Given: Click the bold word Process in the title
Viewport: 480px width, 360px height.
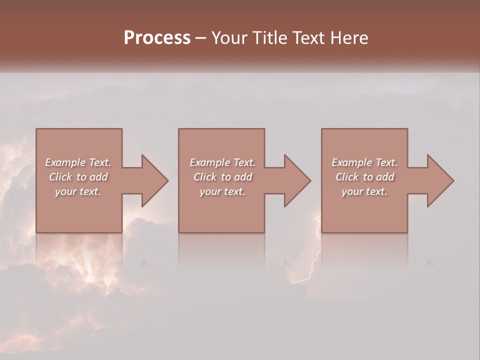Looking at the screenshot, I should [x=157, y=38].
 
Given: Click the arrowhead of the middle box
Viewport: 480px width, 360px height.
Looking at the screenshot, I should [x=296, y=181].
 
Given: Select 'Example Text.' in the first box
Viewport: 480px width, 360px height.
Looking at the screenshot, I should [x=78, y=162].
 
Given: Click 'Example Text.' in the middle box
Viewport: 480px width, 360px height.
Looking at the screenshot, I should [x=222, y=162].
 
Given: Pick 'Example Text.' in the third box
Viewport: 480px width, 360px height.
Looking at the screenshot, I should [x=364, y=162].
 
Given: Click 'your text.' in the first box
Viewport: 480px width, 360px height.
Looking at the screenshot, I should [x=78, y=191].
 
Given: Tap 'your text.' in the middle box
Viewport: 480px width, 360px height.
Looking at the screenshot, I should [x=222, y=191].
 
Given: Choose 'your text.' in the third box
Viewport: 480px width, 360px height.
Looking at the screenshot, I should [x=364, y=191].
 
